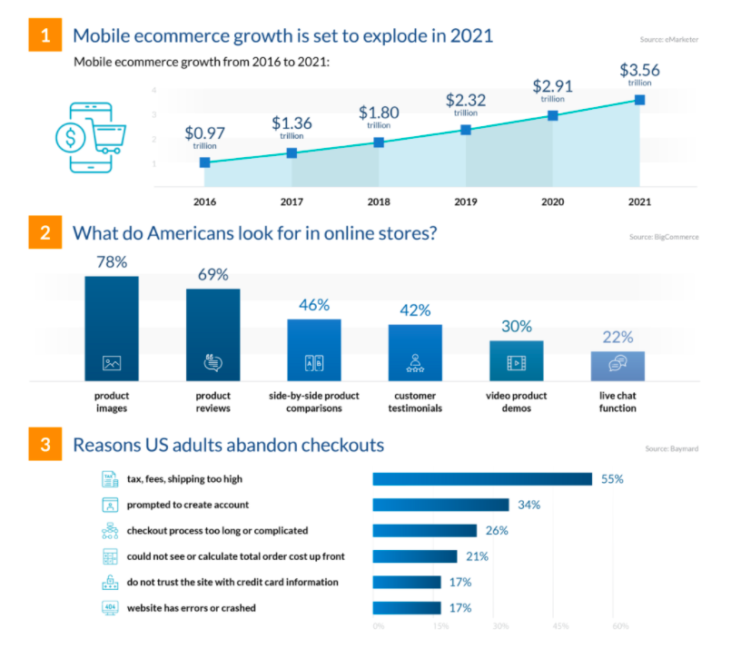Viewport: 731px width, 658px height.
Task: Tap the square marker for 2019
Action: point(466,130)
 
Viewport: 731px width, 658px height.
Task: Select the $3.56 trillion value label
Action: point(639,72)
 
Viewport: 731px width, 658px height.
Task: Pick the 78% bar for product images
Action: point(112,328)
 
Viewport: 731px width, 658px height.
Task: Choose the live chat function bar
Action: point(617,365)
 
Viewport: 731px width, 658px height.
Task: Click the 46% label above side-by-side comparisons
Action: point(314,305)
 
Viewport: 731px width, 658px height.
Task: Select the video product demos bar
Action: point(516,360)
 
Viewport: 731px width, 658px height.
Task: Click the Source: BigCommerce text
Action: point(663,237)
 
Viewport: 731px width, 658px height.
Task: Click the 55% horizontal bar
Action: point(482,479)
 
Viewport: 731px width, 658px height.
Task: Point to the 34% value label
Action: point(530,505)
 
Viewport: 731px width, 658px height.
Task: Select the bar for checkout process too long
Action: point(424,530)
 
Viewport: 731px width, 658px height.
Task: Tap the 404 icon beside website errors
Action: point(108,607)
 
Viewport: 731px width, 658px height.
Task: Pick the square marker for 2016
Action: point(205,162)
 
